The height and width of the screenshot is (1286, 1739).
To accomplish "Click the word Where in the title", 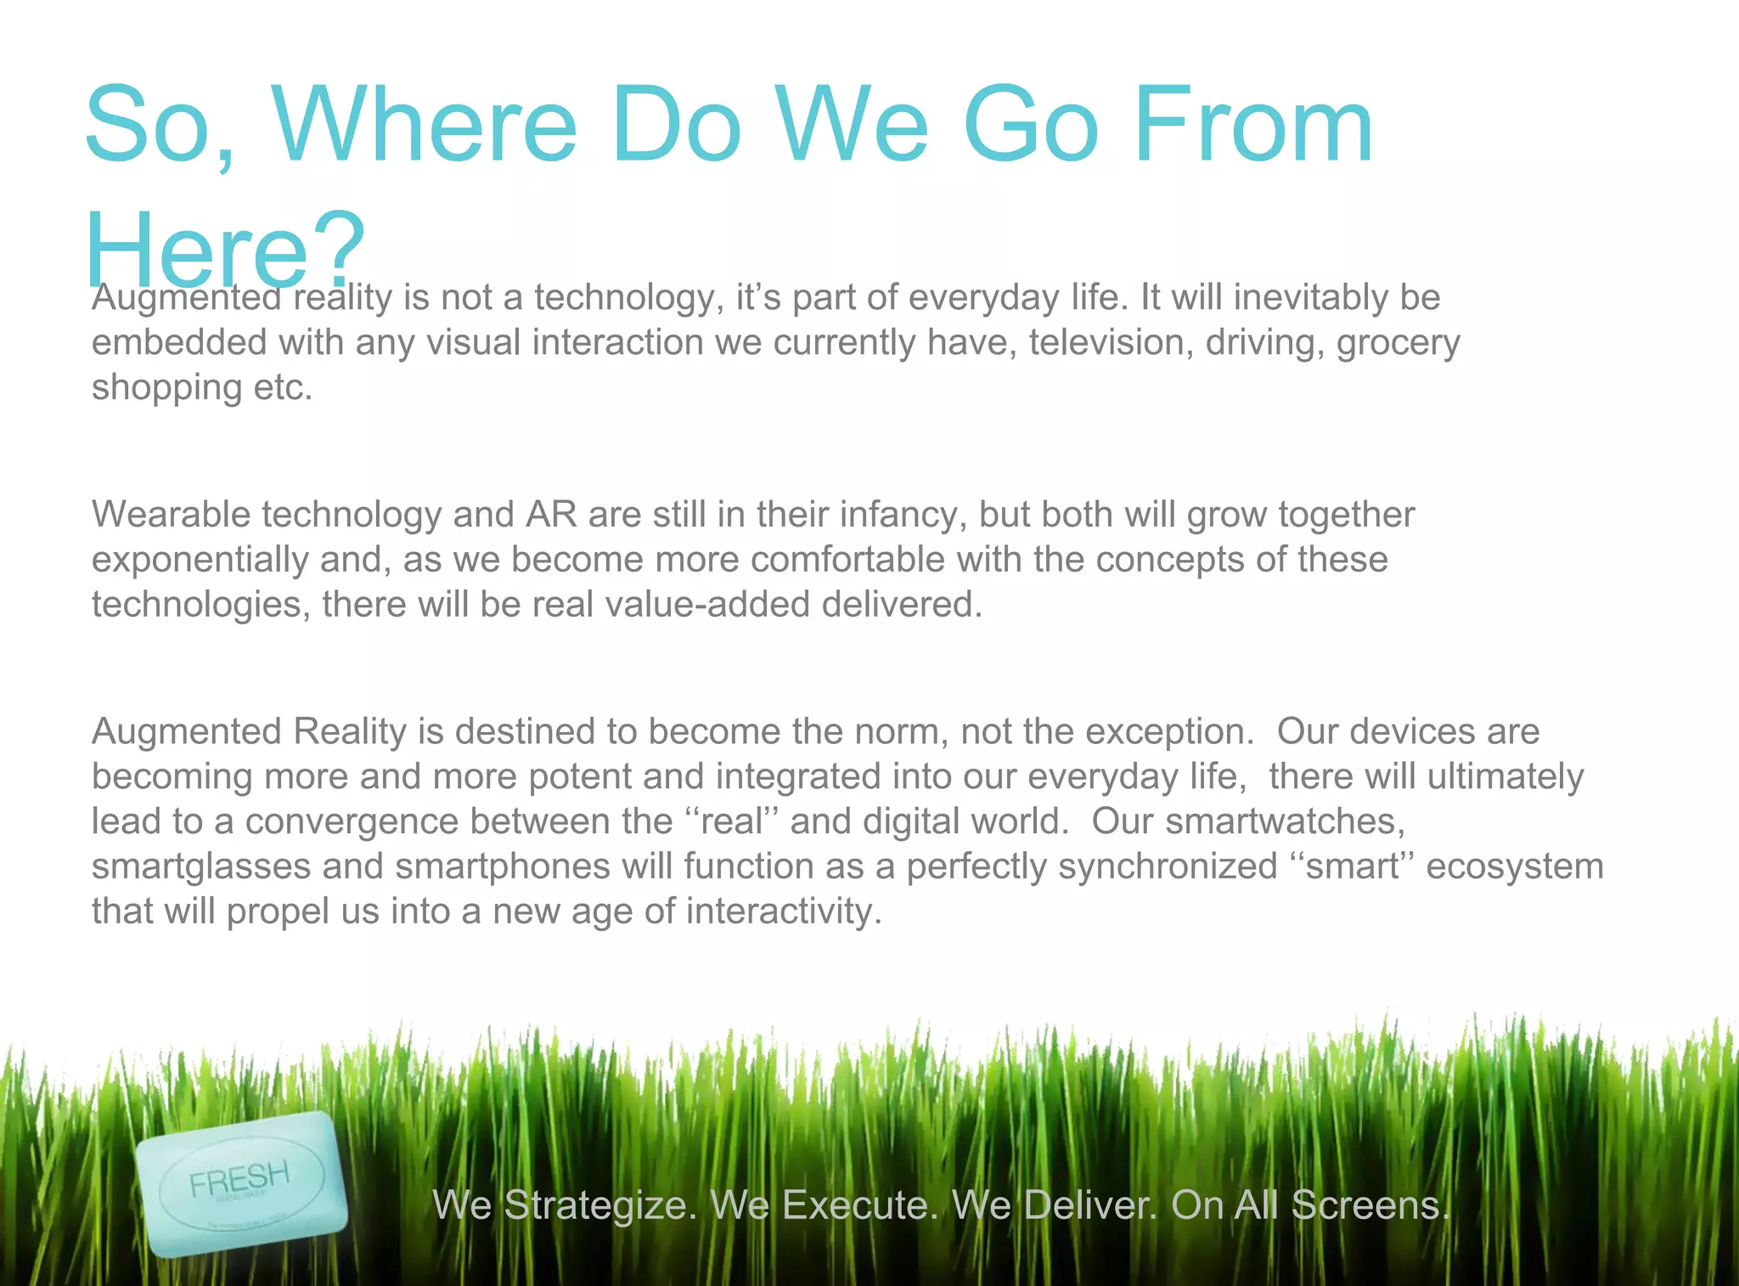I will click(425, 125).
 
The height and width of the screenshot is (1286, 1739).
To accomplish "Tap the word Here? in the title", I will click(226, 250).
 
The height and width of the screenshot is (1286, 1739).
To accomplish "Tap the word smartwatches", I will click(1284, 822).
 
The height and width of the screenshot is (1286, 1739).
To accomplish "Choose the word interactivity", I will click(783, 911).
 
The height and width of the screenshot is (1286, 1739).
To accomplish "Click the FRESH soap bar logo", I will click(241, 1182).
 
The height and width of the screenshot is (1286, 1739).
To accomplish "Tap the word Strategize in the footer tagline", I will click(599, 1205).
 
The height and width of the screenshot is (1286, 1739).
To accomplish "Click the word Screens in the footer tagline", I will click(1370, 1205).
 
